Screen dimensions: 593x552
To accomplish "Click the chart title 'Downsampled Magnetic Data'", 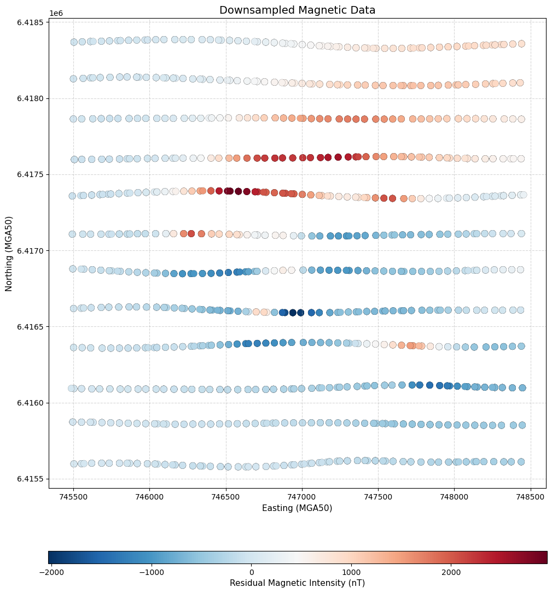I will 297,10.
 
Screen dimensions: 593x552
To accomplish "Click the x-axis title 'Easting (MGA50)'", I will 297,508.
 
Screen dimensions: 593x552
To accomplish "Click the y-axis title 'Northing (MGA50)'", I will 10,254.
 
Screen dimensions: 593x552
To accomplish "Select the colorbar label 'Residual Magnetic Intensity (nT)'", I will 297,583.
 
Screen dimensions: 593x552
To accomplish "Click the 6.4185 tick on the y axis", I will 32,22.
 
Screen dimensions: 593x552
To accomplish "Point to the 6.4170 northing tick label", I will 32,251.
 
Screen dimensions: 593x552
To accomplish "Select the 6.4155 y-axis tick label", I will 32,479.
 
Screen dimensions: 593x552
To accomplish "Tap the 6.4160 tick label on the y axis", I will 32,403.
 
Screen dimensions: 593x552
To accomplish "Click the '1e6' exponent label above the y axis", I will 55,13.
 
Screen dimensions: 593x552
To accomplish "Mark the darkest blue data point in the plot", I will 293,313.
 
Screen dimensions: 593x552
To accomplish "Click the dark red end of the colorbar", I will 544,557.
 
